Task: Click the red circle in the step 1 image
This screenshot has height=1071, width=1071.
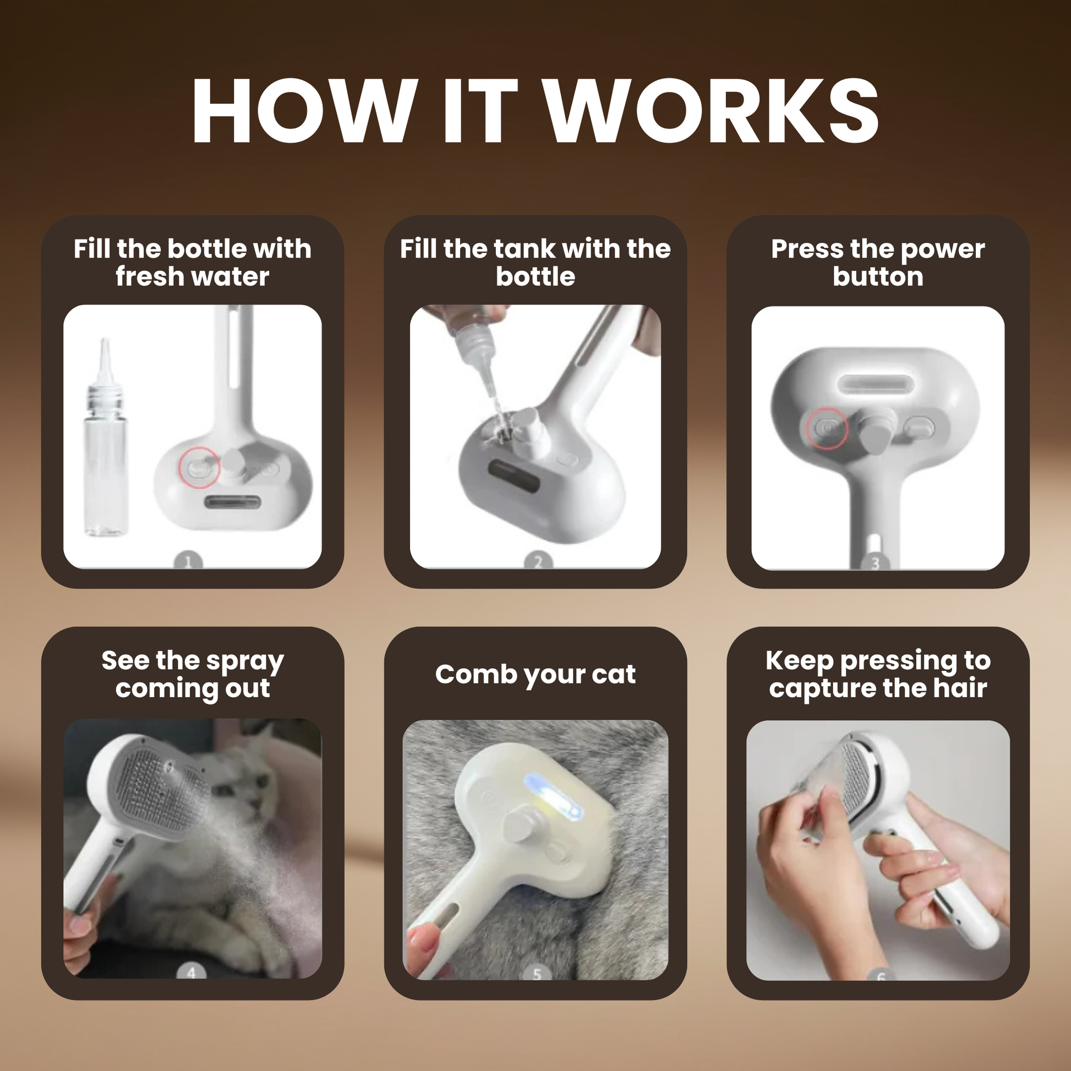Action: tap(199, 468)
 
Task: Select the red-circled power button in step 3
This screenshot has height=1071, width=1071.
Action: tap(827, 428)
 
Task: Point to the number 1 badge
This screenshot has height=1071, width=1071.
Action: tap(188, 561)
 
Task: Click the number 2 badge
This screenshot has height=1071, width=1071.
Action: tap(538, 561)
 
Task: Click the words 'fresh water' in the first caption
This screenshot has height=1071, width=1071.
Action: tap(193, 276)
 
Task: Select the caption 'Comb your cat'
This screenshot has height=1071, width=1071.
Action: tap(535, 675)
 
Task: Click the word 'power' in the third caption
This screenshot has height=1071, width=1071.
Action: tap(942, 250)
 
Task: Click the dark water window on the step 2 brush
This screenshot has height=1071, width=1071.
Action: tap(514, 476)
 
